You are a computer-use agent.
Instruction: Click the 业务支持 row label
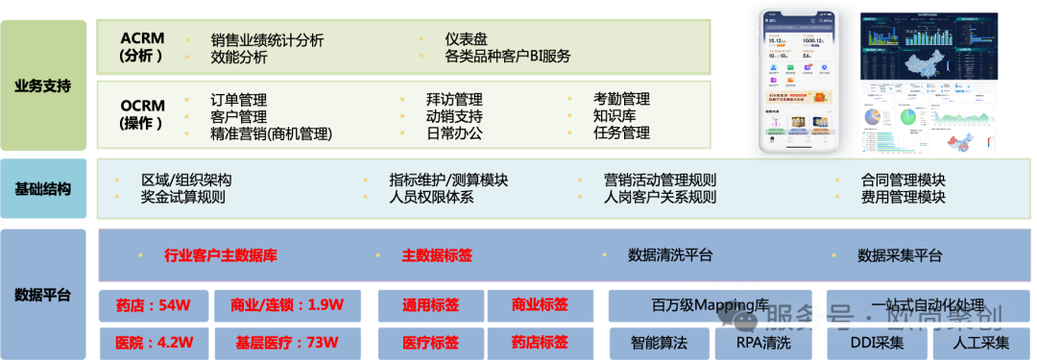43,85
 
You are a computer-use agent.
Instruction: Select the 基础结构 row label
43,189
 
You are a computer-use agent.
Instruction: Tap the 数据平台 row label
43,294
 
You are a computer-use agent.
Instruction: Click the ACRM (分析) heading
143,47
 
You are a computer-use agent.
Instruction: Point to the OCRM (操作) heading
143,114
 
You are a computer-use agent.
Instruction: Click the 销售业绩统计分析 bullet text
267,40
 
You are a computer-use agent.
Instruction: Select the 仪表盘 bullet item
466,39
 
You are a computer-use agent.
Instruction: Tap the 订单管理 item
238,100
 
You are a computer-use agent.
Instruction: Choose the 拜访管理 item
454,100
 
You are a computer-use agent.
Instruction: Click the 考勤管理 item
621,99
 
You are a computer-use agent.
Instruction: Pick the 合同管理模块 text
904,180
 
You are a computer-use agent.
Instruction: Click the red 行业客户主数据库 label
222,255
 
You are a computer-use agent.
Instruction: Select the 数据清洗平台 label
670,255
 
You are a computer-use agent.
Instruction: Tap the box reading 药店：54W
154,306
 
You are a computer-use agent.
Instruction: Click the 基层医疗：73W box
287,342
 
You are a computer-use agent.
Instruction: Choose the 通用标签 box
430,306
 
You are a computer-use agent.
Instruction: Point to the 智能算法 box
659,342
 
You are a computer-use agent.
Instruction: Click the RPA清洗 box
764,342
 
